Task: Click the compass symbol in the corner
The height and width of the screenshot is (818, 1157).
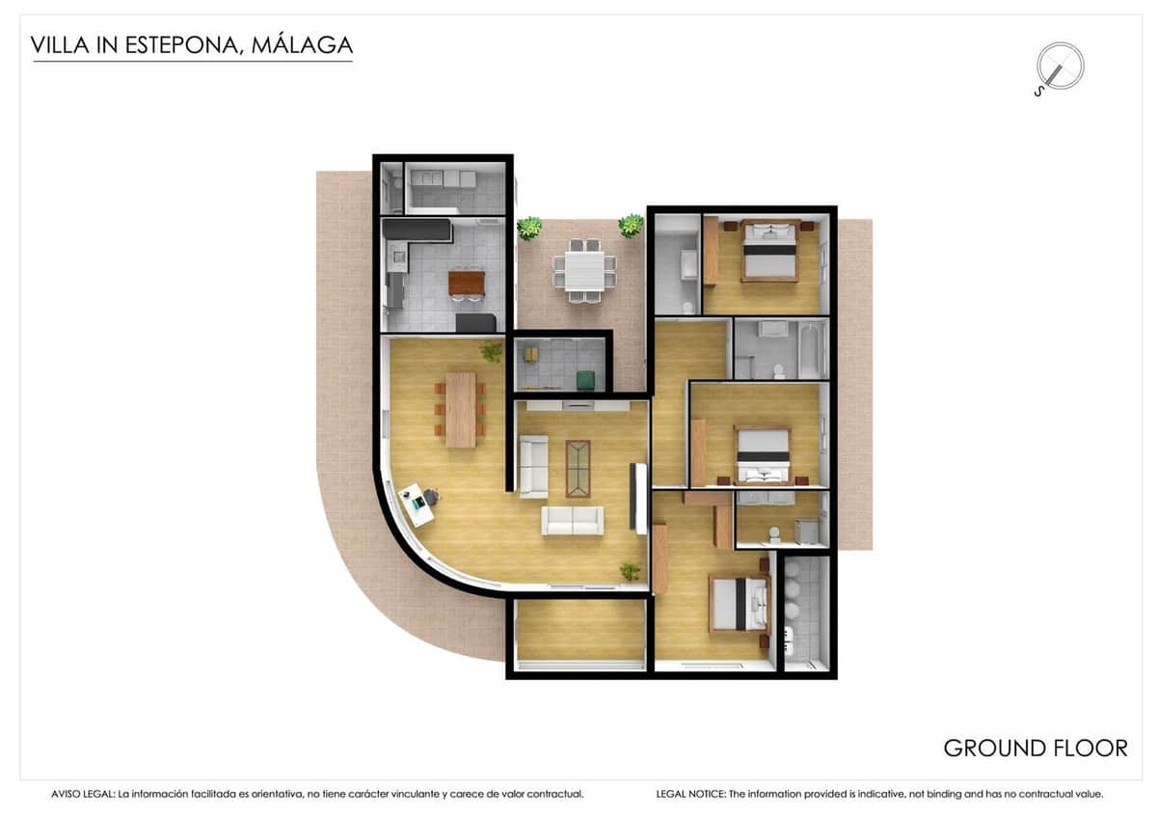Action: click(1059, 67)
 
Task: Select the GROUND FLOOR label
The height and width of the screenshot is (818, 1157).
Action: click(1035, 748)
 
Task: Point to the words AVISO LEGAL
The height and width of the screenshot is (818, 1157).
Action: click(82, 794)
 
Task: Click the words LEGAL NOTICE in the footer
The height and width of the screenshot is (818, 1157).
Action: click(689, 794)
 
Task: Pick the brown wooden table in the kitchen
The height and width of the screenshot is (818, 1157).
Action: click(467, 282)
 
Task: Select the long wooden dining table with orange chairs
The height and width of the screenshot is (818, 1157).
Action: click(461, 409)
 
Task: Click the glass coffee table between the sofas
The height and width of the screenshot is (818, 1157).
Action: click(578, 468)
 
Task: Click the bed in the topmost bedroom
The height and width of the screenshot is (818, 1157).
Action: click(769, 251)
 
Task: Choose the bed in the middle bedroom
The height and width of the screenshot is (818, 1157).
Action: click(764, 455)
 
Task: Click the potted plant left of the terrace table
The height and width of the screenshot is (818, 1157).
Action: click(528, 229)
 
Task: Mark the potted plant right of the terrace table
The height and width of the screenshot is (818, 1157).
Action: click(631, 226)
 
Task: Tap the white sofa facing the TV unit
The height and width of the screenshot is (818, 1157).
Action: click(572, 520)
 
